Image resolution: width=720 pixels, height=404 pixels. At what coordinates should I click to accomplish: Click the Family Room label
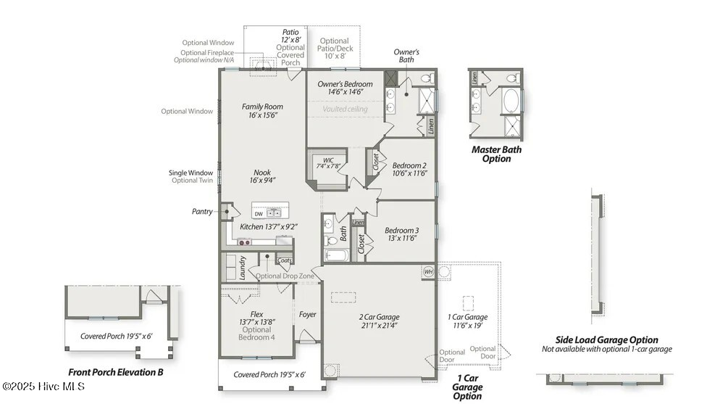pyautogui.click(x=262, y=107)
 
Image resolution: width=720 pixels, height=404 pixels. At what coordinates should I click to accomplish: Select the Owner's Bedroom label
pyautogui.click(x=345, y=84)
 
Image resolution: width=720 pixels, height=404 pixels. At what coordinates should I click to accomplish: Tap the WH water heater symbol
pyautogui.click(x=428, y=271)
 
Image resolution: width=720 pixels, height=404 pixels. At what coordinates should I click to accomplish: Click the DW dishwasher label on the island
pyautogui.click(x=259, y=214)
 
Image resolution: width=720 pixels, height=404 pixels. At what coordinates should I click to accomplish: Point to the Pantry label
pyautogui.click(x=203, y=212)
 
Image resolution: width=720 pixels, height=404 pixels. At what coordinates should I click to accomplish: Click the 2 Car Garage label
pyautogui.click(x=379, y=317)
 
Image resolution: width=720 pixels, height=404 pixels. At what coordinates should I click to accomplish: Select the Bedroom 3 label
pyautogui.click(x=401, y=231)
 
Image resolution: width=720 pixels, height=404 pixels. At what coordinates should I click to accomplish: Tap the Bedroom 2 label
pyautogui.click(x=409, y=165)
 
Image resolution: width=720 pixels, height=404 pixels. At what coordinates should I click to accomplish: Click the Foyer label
pyautogui.click(x=308, y=315)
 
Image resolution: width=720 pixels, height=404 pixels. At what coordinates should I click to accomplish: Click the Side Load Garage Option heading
pyautogui.click(x=606, y=339)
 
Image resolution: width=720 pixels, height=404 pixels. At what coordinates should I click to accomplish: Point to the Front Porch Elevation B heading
pyautogui.click(x=116, y=373)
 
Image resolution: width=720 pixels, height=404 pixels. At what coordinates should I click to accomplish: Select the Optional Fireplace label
pyautogui.click(x=208, y=52)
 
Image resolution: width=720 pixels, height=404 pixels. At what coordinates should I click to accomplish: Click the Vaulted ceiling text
pyautogui.click(x=345, y=109)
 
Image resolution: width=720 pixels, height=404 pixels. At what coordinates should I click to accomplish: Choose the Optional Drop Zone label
pyautogui.click(x=285, y=276)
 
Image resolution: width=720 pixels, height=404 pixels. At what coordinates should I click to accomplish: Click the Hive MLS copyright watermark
pyautogui.click(x=43, y=387)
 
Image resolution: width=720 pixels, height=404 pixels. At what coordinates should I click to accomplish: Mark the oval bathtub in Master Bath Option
pyautogui.click(x=511, y=99)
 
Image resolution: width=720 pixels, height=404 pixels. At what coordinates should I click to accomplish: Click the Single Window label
pyautogui.click(x=191, y=173)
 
